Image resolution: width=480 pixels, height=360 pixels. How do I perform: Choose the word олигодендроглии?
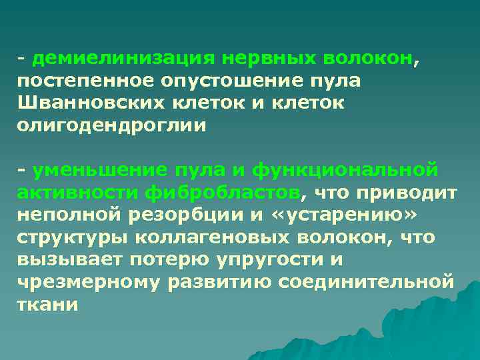(103, 126)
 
